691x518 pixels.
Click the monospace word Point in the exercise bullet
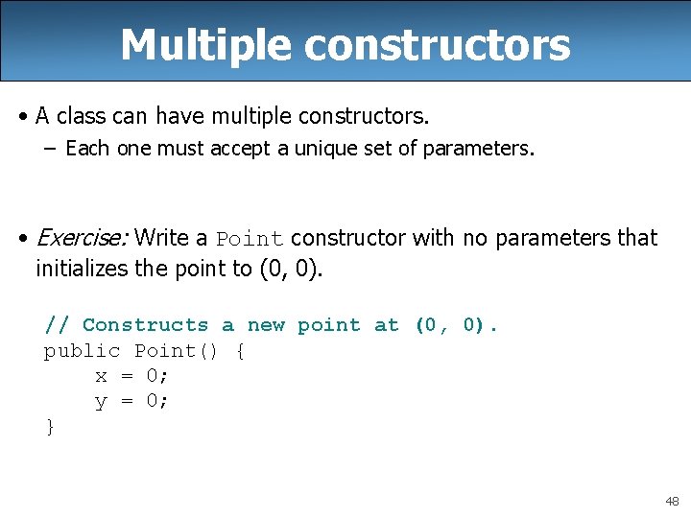tap(250, 239)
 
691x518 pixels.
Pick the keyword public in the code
tap(82, 351)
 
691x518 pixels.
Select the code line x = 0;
tap(131, 376)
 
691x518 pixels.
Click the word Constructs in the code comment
tap(145, 325)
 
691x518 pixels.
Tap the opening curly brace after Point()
tap(240, 351)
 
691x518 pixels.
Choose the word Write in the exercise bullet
tap(163, 238)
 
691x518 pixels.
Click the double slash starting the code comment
tap(56, 325)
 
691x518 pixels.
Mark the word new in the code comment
tap(266, 325)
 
